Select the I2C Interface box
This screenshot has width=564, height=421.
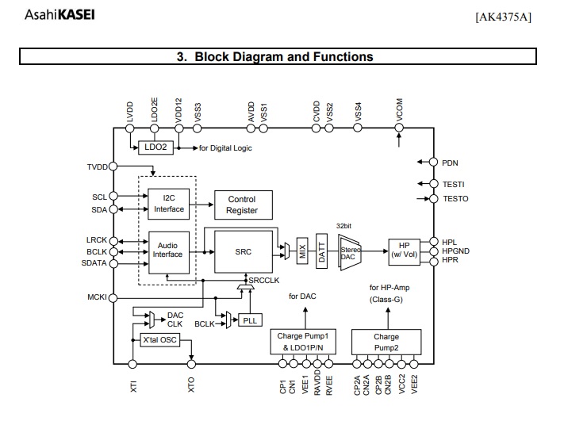coord(168,203)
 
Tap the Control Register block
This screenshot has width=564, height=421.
coord(242,205)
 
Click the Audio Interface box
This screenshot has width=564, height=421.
coord(168,250)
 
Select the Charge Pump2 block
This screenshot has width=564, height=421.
coord(386,342)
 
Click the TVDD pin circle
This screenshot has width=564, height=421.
coord(113,166)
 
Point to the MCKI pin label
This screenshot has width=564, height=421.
coord(96,298)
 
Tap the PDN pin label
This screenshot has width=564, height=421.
coord(450,163)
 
